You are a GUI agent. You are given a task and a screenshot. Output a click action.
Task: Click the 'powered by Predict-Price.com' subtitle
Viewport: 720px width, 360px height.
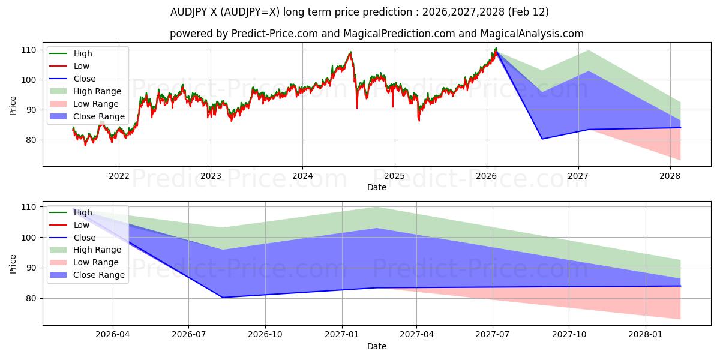coord(376,34)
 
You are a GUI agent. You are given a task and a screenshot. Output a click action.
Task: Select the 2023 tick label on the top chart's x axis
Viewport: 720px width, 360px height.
coord(210,176)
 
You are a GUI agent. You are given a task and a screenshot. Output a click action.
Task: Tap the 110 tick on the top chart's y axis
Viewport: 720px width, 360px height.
coord(29,50)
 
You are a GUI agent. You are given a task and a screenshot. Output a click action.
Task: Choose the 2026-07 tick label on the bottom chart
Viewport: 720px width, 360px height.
coord(189,335)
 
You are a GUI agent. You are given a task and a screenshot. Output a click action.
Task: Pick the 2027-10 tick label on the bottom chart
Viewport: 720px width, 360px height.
coord(569,335)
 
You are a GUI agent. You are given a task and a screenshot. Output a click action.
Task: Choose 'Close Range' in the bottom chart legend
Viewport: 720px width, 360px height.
coord(98,275)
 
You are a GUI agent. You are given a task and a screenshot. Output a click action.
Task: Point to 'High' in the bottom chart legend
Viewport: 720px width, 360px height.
coord(83,212)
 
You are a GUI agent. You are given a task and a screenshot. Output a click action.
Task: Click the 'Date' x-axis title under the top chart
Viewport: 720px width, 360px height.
coord(376,187)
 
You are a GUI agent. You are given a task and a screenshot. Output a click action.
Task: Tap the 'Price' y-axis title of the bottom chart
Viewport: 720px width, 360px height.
coord(13,263)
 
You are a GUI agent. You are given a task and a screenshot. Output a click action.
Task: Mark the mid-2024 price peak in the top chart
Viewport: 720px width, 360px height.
coord(350,52)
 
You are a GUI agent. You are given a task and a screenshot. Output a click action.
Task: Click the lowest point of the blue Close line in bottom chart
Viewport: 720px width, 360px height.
coord(223,298)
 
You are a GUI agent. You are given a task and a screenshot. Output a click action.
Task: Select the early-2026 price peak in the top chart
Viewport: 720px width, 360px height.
coord(496,48)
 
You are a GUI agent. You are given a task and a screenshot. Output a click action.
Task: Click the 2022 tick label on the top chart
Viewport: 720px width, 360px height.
coord(119,176)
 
